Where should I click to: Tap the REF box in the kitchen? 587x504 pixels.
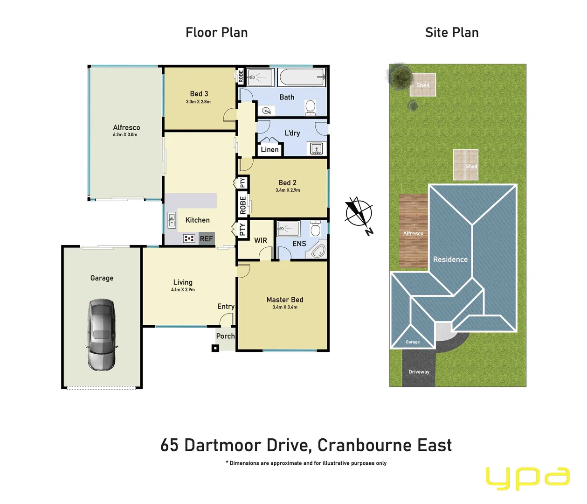[206, 238]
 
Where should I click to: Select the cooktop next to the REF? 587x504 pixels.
[189, 238]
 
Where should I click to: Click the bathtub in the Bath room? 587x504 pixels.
[301, 77]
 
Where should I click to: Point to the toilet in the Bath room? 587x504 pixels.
[311, 107]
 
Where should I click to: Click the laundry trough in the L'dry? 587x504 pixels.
[317, 149]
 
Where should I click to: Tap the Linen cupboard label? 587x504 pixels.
[269, 149]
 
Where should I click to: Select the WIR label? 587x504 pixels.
[261, 240]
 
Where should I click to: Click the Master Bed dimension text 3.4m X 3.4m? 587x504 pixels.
[285, 307]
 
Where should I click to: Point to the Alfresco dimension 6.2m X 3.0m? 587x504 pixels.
[125, 135]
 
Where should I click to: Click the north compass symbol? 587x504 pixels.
[359, 214]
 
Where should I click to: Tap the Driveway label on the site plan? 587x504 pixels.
[419, 372]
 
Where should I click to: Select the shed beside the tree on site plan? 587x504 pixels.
[423, 84]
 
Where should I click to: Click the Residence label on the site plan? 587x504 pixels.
[450, 259]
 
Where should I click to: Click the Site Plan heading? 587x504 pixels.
[452, 32]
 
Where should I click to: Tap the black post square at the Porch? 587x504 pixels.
[215, 348]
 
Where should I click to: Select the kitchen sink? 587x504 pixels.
[171, 219]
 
